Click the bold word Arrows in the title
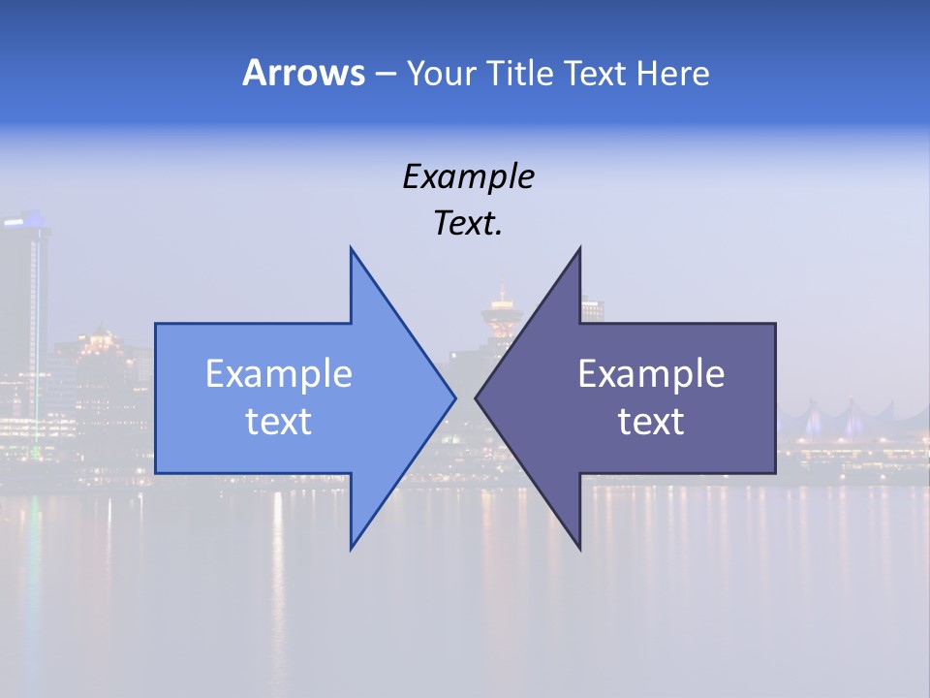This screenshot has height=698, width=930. tap(303, 74)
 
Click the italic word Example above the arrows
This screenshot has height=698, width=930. tap(468, 177)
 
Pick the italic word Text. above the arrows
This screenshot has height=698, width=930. tap(468, 224)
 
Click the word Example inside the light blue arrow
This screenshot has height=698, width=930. tap(279, 374)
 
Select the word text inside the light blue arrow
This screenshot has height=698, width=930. tap(279, 422)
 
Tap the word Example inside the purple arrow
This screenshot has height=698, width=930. tap(651, 374)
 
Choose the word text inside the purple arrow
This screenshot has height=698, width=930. tap(651, 422)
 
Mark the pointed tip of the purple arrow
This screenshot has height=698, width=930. tap(477, 397)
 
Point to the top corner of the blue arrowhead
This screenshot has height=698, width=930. tap(351, 249)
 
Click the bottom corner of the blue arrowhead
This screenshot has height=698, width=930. tap(351, 547)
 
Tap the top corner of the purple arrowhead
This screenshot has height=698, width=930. tap(579, 249)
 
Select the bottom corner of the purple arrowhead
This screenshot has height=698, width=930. tap(579, 547)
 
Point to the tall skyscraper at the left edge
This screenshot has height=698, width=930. tap(23, 320)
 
